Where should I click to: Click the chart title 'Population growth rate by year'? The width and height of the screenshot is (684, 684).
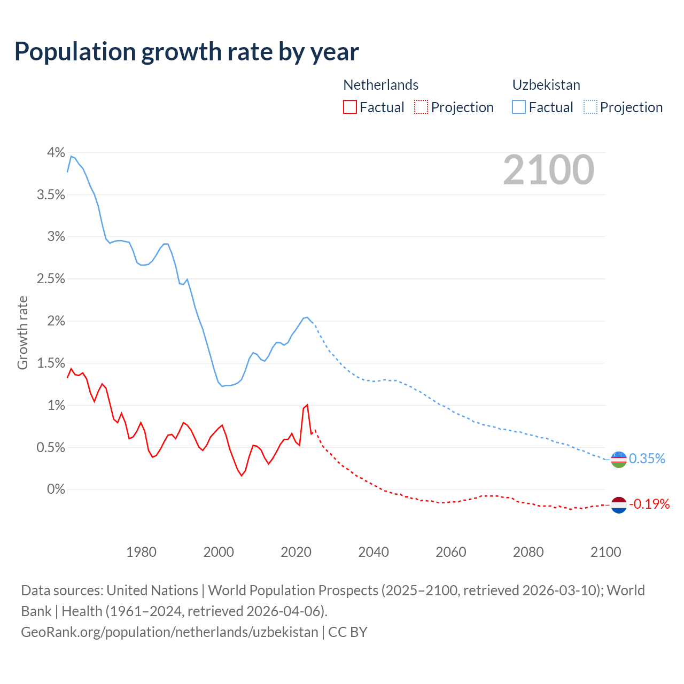(186, 52)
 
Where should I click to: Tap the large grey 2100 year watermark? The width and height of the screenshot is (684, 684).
(548, 169)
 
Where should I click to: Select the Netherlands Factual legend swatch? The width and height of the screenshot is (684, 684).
(349, 107)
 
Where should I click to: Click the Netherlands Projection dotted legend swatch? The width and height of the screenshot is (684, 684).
(421, 107)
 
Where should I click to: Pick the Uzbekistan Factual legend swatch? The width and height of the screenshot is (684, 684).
(519, 107)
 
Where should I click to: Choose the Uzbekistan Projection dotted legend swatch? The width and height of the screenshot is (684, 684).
(590, 107)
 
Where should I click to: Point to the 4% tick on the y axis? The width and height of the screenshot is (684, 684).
(56, 152)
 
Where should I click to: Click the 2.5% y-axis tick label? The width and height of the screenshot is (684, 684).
(51, 278)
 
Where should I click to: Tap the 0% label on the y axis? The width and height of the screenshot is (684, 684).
(56, 489)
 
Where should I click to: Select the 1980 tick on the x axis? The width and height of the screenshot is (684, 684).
(141, 552)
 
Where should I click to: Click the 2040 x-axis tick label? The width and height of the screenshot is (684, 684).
(374, 552)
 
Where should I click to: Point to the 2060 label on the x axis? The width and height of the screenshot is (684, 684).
(451, 552)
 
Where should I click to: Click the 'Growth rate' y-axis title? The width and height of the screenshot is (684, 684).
(22, 332)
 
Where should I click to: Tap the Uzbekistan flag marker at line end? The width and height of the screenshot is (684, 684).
(618, 459)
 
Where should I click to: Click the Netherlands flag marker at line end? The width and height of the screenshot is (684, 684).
(618, 504)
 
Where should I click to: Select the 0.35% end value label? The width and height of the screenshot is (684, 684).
(647, 458)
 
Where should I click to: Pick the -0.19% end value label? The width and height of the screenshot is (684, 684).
(649, 504)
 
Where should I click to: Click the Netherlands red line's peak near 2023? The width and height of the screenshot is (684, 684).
(307, 405)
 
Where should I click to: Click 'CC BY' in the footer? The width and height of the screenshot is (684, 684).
(347, 632)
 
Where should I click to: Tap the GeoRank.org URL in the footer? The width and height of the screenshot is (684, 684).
(169, 632)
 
